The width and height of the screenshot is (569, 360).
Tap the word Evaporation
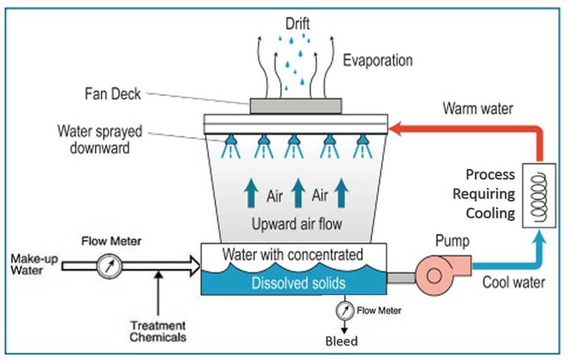click(x=377, y=60)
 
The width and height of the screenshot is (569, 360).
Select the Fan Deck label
click(x=113, y=94)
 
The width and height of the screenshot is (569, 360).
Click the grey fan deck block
click(x=295, y=106)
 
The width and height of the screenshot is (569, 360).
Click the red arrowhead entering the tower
click(x=397, y=127)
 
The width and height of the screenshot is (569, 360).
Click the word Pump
click(x=452, y=241)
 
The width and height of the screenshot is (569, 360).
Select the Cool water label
click(x=513, y=282)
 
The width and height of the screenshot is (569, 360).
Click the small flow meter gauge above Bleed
click(x=343, y=310)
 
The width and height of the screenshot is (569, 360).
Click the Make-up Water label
click(x=34, y=265)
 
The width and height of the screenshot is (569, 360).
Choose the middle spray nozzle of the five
click(x=293, y=142)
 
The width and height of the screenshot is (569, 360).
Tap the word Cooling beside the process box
click(x=491, y=212)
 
